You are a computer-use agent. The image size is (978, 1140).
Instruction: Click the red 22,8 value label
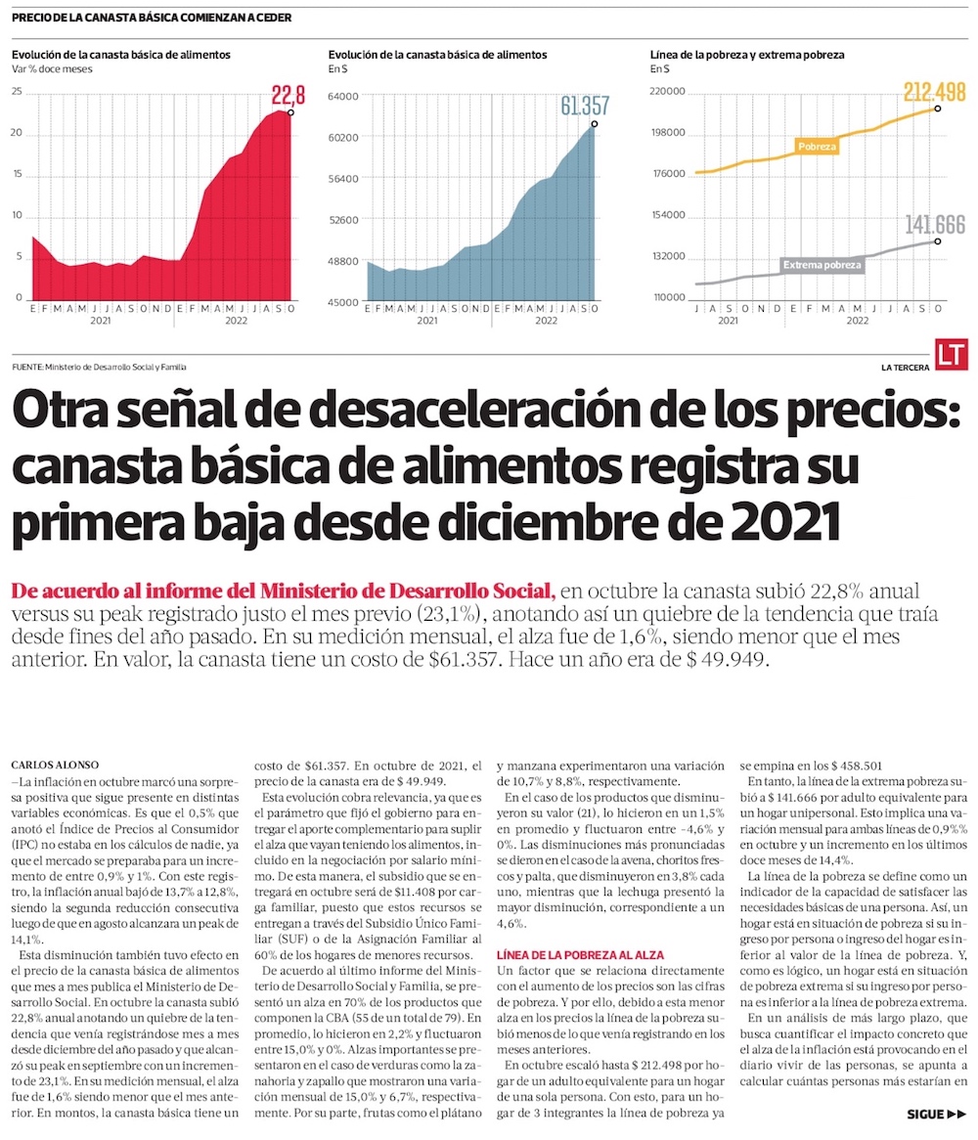point(289,95)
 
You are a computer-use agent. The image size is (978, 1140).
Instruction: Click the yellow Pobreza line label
point(817,147)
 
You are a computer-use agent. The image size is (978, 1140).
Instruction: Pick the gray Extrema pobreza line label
point(822,264)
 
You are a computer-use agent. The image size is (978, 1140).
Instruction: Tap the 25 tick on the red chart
point(17,92)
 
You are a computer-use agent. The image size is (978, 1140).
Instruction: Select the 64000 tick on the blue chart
point(344,96)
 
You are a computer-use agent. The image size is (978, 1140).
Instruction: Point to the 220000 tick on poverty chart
point(669,92)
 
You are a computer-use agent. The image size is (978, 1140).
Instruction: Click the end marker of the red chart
point(291,113)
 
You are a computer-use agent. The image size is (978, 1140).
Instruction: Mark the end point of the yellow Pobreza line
point(938,109)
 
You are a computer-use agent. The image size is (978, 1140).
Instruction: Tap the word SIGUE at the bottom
point(924,1114)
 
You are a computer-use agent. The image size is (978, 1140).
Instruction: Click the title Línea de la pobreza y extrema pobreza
point(747,55)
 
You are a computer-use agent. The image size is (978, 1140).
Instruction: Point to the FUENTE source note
point(99,367)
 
